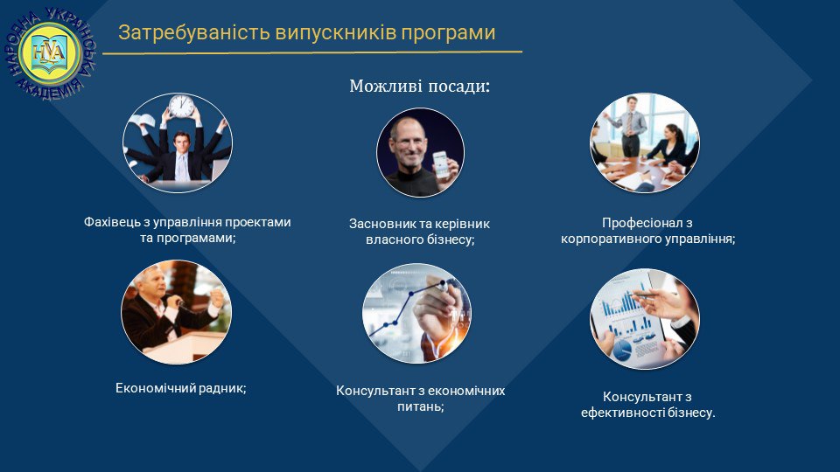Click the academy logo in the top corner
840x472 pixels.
50,53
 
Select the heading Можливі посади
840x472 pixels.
419,86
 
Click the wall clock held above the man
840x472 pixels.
182,106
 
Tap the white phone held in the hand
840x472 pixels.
440,163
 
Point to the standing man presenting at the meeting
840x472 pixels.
631,125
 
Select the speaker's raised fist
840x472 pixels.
216,297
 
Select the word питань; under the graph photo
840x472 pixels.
421,406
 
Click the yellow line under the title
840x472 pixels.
312,52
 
